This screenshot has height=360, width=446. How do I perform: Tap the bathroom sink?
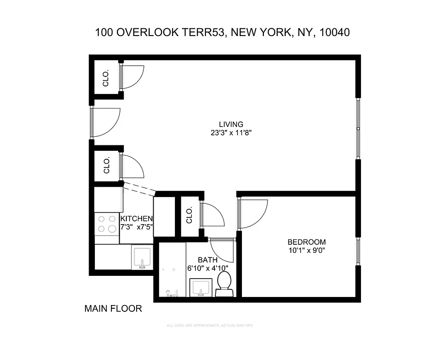click(x=200, y=288)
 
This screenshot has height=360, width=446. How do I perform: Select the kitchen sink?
click(x=142, y=257)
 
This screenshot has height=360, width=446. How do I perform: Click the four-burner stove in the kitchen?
click(x=107, y=224)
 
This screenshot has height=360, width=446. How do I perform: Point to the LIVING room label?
click(x=231, y=124)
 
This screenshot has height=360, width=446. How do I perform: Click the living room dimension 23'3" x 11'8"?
click(x=231, y=133)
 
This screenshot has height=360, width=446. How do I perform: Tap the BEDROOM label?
click(x=307, y=242)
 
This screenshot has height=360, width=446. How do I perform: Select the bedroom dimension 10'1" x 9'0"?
click(x=307, y=250)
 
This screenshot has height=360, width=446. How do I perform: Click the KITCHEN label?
click(x=137, y=219)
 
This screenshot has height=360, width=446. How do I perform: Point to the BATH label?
click(x=208, y=260)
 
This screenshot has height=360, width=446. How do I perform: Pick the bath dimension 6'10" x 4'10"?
click(x=208, y=268)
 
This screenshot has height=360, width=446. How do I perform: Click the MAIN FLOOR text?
click(x=113, y=309)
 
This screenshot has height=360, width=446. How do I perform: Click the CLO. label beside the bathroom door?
click(x=189, y=216)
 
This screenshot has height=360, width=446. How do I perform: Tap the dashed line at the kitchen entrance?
click(x=139, y=189)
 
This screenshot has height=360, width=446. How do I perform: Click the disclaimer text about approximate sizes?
click(x=211, y=325)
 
